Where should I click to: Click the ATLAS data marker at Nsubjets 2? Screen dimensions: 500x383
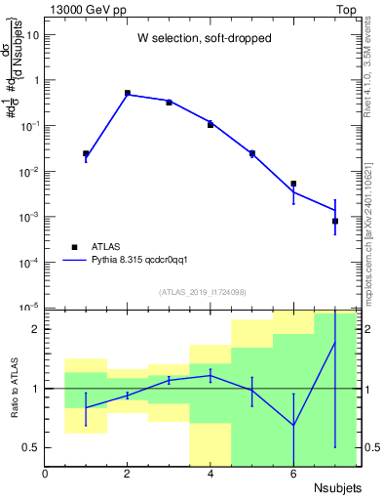click(x=128, y=93)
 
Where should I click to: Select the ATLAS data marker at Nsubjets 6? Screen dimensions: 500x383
click(x=293, y=184)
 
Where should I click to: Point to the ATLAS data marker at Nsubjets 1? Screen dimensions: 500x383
click(x=86, y=153)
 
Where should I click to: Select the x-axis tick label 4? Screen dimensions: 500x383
click(x=211, y=474)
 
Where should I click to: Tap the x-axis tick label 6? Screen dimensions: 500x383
click(x=293, y=474)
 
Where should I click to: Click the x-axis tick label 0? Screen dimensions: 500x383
click(x=45, y=474)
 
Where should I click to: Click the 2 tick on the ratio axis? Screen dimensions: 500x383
click(x=35, y=329)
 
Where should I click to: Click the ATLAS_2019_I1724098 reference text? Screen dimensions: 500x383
click(x=201, y=292)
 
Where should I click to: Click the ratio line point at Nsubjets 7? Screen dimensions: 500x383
click(x=334, y=343)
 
